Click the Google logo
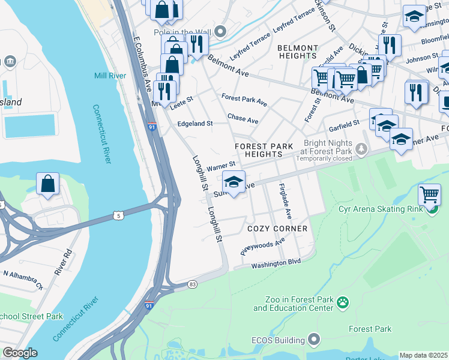point(20,353)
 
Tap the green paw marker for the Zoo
point(343,301)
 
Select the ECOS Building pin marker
point(314,340)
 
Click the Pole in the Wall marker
point(221,32)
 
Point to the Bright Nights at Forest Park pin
point(361,148)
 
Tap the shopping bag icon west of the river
point(47,184)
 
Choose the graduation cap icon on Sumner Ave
point(234,181)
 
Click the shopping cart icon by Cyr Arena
point(429,194)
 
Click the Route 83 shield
point(192,284)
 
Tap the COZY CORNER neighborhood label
point(277,229)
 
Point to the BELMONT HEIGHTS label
point(298,52)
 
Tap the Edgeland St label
point(194,124)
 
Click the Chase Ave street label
point(243,120)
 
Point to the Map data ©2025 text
point(424,355)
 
